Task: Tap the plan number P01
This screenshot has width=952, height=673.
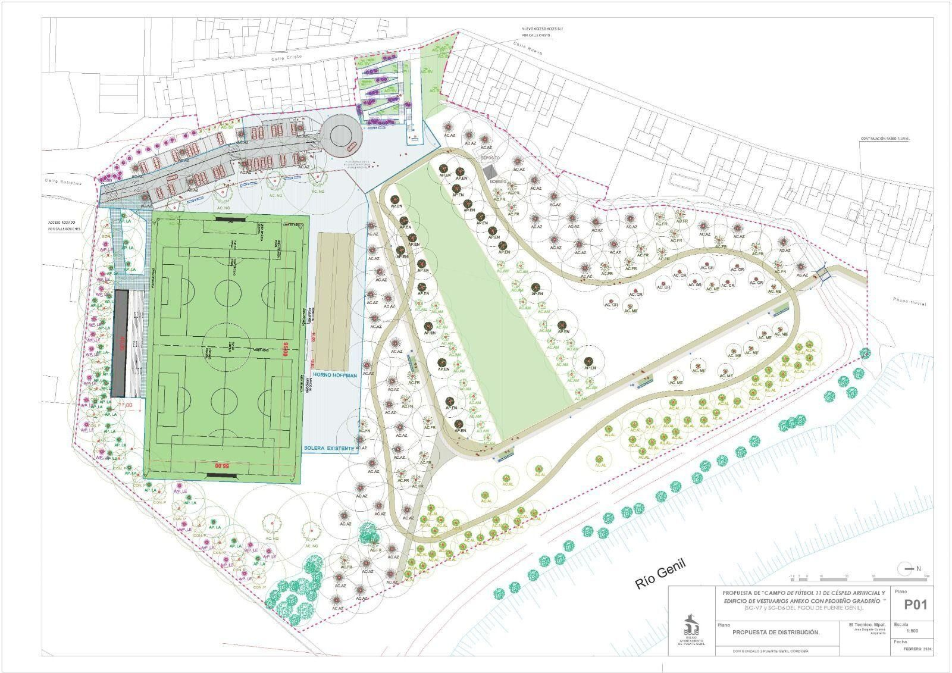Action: [916, 605]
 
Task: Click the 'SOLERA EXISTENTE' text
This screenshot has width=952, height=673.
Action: [329, 447]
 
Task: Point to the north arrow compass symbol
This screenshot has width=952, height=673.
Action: [906, 569]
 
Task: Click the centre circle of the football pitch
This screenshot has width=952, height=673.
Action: [227, 346]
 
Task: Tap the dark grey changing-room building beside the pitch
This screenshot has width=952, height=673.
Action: [119, 343]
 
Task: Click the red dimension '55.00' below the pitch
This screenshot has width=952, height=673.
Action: [222, 465]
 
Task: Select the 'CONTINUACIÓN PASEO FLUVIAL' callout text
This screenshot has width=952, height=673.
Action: [885, 139]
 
